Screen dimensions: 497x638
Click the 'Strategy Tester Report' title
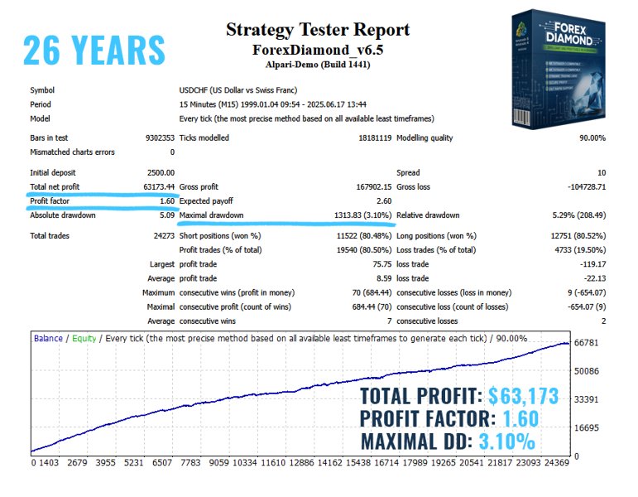318,31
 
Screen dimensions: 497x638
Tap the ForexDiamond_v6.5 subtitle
318,50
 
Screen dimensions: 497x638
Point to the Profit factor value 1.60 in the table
165,200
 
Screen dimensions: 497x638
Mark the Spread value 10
601,172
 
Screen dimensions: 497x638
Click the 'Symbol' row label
43,89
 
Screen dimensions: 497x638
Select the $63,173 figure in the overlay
523,395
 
